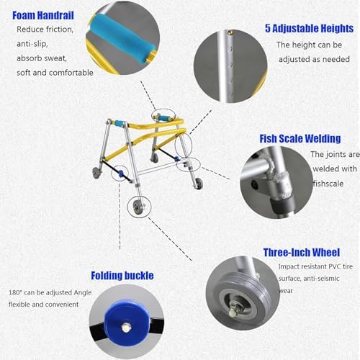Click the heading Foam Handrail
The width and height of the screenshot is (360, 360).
click(x=43, y=15)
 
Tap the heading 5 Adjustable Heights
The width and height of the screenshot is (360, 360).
click(x=309, y=28)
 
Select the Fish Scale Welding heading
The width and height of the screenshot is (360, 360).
click(x=300, y=138)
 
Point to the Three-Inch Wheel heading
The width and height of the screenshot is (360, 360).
click(x=302, y=252)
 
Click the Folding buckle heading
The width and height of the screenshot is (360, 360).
click(x=122, y=276)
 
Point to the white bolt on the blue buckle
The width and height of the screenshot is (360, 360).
click(x=125, y=328)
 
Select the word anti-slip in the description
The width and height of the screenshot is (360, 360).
click(x=32, y=44)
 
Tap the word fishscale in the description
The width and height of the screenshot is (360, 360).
click(x=328, y=184)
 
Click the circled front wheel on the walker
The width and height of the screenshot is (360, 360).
click(x=139, y=207)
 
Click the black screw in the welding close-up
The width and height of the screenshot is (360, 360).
click(x=255, y=185)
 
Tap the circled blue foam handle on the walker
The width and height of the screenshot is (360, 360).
click(x=163, y=118)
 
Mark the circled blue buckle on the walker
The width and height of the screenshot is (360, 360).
click(x=121, y=174)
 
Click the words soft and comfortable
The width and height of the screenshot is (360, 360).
click(x=55, y=73)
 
